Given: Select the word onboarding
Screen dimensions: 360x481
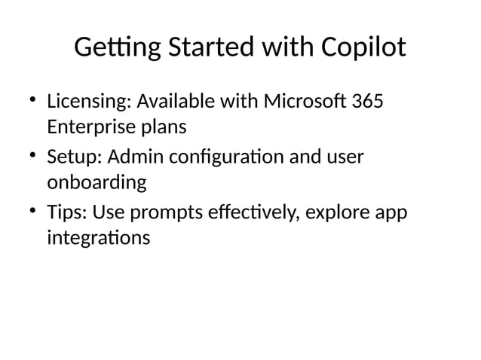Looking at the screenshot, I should [x=97, y=184].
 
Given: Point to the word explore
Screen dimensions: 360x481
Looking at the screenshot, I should [x=339, y=215].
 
